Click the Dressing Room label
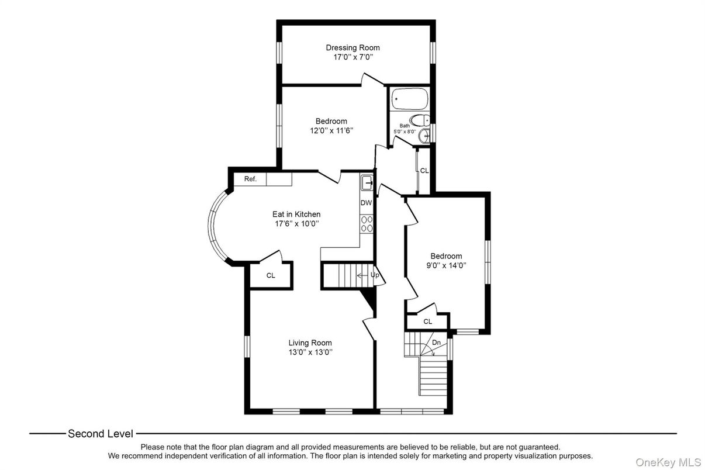point(352,47)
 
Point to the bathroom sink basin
point(426,136)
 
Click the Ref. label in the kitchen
point(250,179)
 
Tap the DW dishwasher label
point(366,203)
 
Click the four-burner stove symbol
point(367,223)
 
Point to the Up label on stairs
point(375,274)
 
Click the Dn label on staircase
point(436,343)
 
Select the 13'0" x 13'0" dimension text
point(310,352)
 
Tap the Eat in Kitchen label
point(296,214)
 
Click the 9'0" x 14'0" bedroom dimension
point(446,265)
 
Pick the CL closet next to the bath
point(424,171)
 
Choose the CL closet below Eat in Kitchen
point(271,275)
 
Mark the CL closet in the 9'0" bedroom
point(427,322)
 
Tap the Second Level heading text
point(100,433)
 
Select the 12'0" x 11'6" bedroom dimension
point(331,130)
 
